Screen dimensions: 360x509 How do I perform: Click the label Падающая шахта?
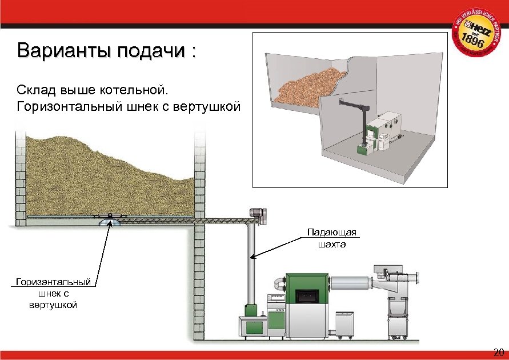(331, 238)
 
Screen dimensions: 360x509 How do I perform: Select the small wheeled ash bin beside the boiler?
(344, 324)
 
